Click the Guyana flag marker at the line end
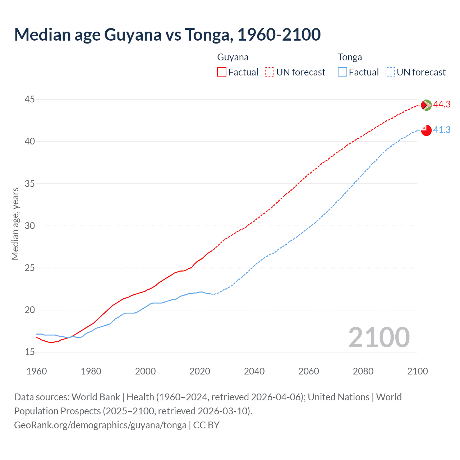click(426, 105)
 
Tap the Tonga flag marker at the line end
click(426, 130)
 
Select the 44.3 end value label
click(442, 105)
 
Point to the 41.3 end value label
click(442, 130)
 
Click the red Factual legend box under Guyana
click(222, 72)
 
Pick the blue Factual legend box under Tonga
click(342, 72)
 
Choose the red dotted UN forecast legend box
click(270, 72)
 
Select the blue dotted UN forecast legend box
click(390, 72)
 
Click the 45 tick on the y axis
click(30, 99)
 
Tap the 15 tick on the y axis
click(30, 352)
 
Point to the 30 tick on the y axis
click(30, 226)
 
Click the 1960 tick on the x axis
click(37, 371)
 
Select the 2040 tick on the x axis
click(254, 371)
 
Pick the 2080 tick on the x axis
click(363, 371)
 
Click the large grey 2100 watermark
click(379, 337)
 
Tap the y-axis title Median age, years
click(15, 224)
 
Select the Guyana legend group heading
click(233, 57)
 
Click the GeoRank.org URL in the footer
click(100, 425)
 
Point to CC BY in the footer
click(206, 425)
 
